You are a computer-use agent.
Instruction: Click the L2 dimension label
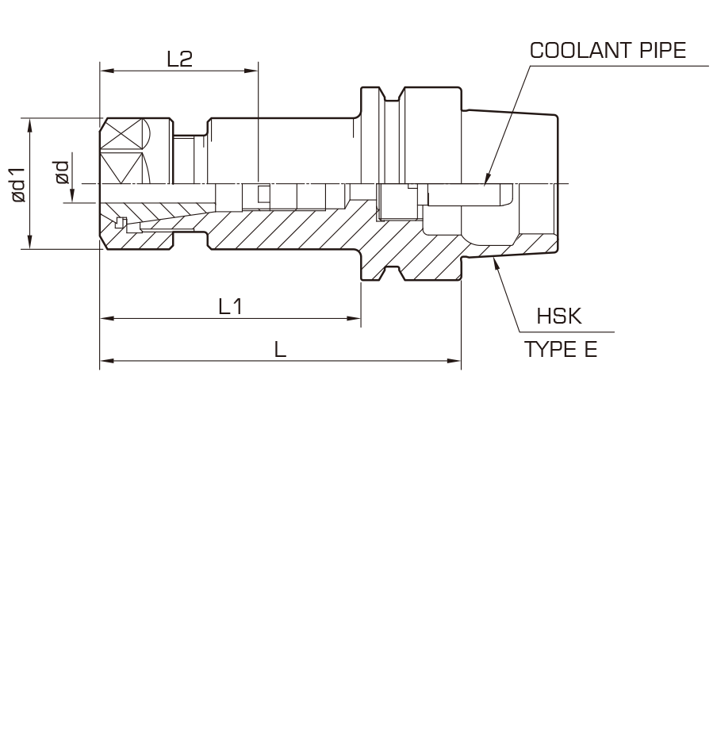click(x=180, y=59)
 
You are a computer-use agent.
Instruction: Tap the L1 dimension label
click(x=231, y=307)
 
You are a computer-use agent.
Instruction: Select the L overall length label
click(x=281, y=350)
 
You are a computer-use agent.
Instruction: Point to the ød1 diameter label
click(x=18, y=185)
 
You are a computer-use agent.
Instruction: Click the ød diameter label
click(x=62, y=172)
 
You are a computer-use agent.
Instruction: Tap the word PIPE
click(x=663, y=50)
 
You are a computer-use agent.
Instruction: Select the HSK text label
click(x=559, y=316)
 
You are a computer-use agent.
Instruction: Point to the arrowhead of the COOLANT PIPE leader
click(x=486, y=179)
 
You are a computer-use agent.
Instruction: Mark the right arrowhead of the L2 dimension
click(x=251, y=71)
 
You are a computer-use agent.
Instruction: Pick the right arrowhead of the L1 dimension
click(x=354, y=318)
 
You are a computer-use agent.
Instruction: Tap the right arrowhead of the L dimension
click(x=454, y=361)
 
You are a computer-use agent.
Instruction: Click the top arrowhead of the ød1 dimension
click(x=30, y=125)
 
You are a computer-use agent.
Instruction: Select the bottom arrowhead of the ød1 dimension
click(x=30, y=241)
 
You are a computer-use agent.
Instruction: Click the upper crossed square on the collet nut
click(x=122, y=134)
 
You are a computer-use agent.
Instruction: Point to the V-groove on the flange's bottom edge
click(x=392, y=274)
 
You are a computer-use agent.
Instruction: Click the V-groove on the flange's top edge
click(x=392, y=94)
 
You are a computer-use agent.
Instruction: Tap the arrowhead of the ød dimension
click(x=73, y=195)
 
